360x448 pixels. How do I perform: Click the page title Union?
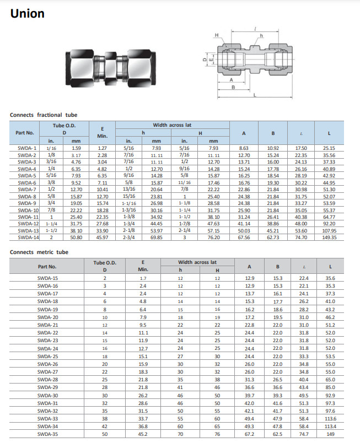pyautogui.click(x=27, y=14)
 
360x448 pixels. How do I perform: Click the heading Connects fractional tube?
pyautogui.click(x=44, y=115)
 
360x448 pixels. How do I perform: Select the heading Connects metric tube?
pyautogui.click(x=39, y=252)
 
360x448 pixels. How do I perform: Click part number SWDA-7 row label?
pyautogui.click(x=27, y=189)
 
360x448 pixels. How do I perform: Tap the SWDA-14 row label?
pyautogui.click(x=28, y=237)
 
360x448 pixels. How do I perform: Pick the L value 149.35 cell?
pyautogui.click(x=329, y=237)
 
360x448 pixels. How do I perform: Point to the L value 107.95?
pyautogui.click(x=329, y=230)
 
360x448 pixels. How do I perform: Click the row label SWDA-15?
pyautogui.click(x=47, y=278)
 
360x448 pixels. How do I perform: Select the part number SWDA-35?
pyautogui.click(x=47, y=434)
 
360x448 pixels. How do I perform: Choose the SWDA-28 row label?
pyautogui.click(x=47, y=380)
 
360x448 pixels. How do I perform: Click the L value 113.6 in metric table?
pyautogui.click(x=330, y=419)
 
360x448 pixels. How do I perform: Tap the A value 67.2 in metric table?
pyautogui.click(x=250, y=434)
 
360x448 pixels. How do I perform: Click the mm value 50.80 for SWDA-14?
pyautogui.click(x=76, y=237)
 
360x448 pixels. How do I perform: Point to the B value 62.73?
pyautogui.click(x=273, y=237)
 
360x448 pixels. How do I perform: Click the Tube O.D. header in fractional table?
pyautogui.click(x=63, y=126)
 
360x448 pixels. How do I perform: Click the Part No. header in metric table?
pyautogui.click(x=47, y=266)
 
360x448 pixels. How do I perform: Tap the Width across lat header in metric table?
pyautogui.click(x=197, y=262)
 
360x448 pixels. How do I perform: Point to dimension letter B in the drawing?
pyautogui.click(x=233, y=87)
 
